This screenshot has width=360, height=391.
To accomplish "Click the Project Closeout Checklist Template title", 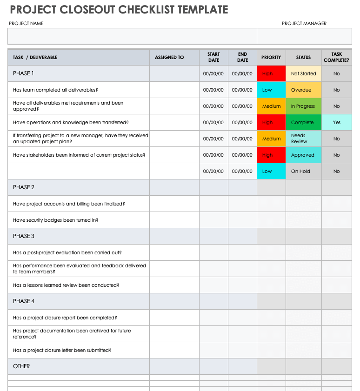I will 119,9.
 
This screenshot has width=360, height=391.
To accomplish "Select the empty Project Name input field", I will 132,36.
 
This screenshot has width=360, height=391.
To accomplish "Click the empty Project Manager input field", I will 304,36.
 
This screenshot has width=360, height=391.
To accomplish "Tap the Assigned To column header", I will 169,57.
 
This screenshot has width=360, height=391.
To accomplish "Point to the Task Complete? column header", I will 336,57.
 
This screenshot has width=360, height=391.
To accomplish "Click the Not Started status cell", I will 303,73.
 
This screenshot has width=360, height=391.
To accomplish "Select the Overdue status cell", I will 303,90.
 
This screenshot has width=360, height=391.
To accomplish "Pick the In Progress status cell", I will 303,106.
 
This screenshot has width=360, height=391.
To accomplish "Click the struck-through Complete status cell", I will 303,122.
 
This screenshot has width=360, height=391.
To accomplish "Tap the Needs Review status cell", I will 303,139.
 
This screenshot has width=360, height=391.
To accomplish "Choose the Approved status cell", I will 303,155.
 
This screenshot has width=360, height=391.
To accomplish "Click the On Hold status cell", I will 303,171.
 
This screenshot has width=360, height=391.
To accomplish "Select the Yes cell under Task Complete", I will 336,122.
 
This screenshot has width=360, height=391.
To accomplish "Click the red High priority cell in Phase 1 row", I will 271,73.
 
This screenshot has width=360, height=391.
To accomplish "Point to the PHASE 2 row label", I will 24,187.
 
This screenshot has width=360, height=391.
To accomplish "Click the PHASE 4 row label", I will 24,301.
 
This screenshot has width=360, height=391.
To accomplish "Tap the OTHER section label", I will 21,366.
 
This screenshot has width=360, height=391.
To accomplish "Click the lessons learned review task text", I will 66,285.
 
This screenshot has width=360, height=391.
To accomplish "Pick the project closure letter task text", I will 62,350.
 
